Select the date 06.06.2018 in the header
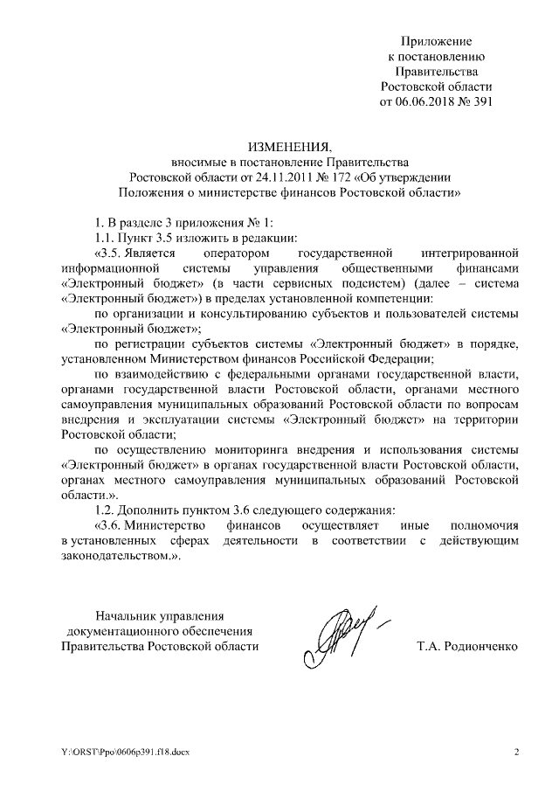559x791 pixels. click(425, 101)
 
